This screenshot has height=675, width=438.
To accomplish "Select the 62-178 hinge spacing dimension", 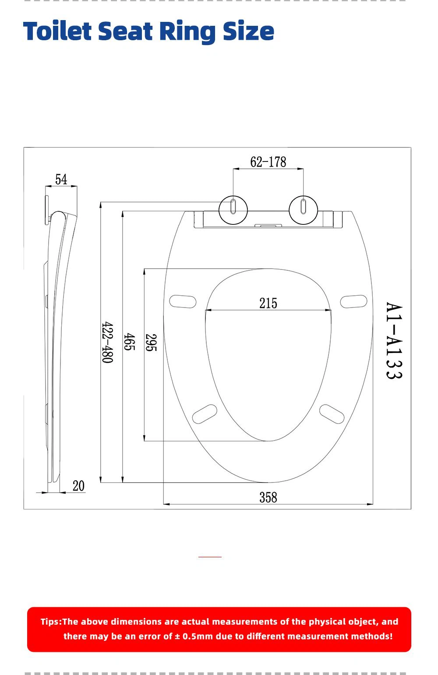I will tap(268, 162).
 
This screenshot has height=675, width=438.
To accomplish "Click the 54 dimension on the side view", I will tap(61, 179).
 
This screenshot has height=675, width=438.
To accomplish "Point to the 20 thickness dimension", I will tap(78, 486).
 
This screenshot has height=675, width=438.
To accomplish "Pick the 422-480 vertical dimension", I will tap(107, 343).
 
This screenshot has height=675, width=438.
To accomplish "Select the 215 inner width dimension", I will tap(268, 303).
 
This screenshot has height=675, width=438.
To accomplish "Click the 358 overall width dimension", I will tap(268, 497).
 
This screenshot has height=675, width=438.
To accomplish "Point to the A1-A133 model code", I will tap(394, 340).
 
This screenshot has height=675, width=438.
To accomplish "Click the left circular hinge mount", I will tap(233, 210).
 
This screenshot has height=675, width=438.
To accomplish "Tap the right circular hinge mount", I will tap(303, 210).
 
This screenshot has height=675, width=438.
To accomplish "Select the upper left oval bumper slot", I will tap(183, 301).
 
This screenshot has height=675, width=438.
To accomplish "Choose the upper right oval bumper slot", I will tap(353, 301).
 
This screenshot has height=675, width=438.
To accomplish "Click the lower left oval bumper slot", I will tap(205, 414).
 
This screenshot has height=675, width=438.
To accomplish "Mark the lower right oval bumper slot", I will tap(332, 414).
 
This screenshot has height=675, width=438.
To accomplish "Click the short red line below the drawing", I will tap(210, 556).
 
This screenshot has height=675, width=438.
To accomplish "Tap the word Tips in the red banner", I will tap(50, 622).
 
